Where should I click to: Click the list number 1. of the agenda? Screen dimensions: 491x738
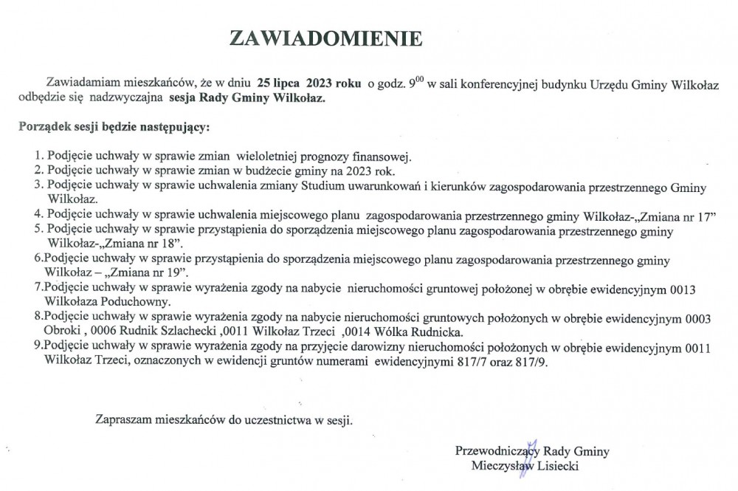coord(39,157)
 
